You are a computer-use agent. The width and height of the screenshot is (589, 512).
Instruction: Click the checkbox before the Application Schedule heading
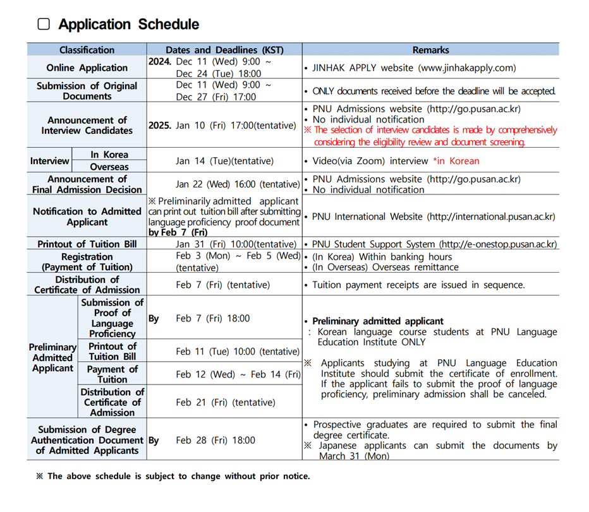point(44,25)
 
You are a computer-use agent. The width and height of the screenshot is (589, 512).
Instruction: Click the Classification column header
point(87,50)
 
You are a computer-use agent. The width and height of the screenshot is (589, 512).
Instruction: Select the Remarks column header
point(430,50)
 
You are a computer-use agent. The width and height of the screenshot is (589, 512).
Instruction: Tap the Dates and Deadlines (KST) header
point(224,50)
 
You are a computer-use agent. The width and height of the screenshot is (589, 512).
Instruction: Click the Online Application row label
point(87,68)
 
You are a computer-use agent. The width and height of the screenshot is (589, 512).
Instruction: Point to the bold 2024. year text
point(161,62)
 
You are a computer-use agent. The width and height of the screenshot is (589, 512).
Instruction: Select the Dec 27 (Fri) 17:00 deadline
point(216,97)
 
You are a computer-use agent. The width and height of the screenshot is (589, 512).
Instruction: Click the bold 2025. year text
point(161,125)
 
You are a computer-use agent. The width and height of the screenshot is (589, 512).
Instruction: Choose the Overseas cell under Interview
point(109,167)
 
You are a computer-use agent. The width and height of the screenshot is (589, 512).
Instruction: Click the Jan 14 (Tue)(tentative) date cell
point(224,161)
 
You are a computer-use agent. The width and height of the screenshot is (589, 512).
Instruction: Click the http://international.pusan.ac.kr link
point(491,217)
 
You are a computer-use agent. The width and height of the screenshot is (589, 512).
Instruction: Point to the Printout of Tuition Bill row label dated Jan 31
point(87,244)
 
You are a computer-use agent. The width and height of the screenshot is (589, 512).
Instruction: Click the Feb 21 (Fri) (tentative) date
point(225,402)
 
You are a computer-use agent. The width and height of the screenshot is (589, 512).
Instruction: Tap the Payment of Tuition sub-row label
point(112,374)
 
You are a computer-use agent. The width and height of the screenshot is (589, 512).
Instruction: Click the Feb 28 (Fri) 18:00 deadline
point(216,440)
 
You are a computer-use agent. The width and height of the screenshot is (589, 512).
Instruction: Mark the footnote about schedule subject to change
point(173,476)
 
